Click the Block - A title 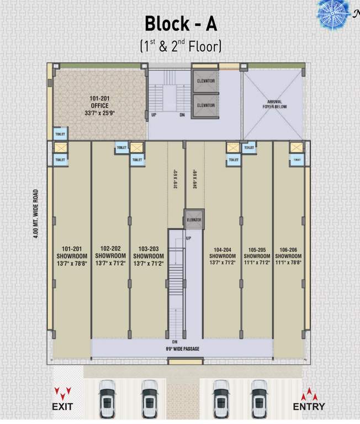[181, 24]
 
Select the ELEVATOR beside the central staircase [194, 220]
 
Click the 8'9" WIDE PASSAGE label [182, 349]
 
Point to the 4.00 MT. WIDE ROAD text [35, 214]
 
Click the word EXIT [62, 407]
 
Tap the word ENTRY [309, 407]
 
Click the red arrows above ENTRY [309, 394]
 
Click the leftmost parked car [107, 399]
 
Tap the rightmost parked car [259, 399]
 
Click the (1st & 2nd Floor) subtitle [181, 45]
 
